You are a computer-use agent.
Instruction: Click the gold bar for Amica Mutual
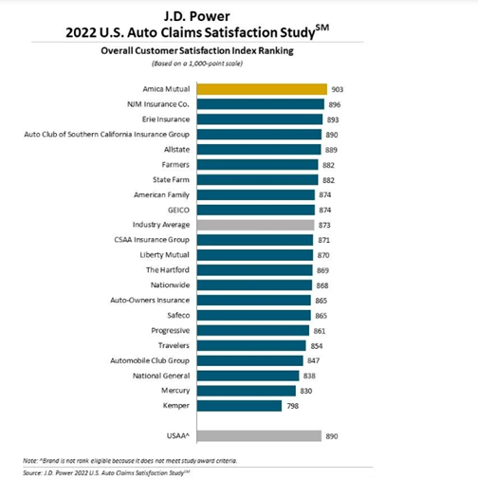(262, 89)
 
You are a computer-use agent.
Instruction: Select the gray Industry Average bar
(255, 225)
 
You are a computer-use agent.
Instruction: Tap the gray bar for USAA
(259, 436)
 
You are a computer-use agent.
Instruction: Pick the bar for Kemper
(239, 406)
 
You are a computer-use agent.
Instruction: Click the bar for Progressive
(253, 330)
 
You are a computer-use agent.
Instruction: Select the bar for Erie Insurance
(260, 119)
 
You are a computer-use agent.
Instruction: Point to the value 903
(338, 89)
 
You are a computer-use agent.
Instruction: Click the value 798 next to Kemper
(293, 406)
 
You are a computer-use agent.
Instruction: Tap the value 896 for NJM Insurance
(335, 104)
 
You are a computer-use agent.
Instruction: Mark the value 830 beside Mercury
(306, 391)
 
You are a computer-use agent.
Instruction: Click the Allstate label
(176, 150)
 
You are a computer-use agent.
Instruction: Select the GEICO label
(178, 211)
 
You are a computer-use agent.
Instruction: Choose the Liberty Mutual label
(164, 255)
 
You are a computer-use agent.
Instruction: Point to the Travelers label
(174, 345)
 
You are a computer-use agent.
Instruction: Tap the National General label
(161, 376)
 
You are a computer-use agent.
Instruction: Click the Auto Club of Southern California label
(107, 135)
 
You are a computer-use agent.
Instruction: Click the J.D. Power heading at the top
(196, 16)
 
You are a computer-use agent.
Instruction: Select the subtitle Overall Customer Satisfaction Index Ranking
(197, 51)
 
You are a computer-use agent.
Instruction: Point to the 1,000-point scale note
(197, 64)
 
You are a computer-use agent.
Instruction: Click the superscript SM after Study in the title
(322, 28)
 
